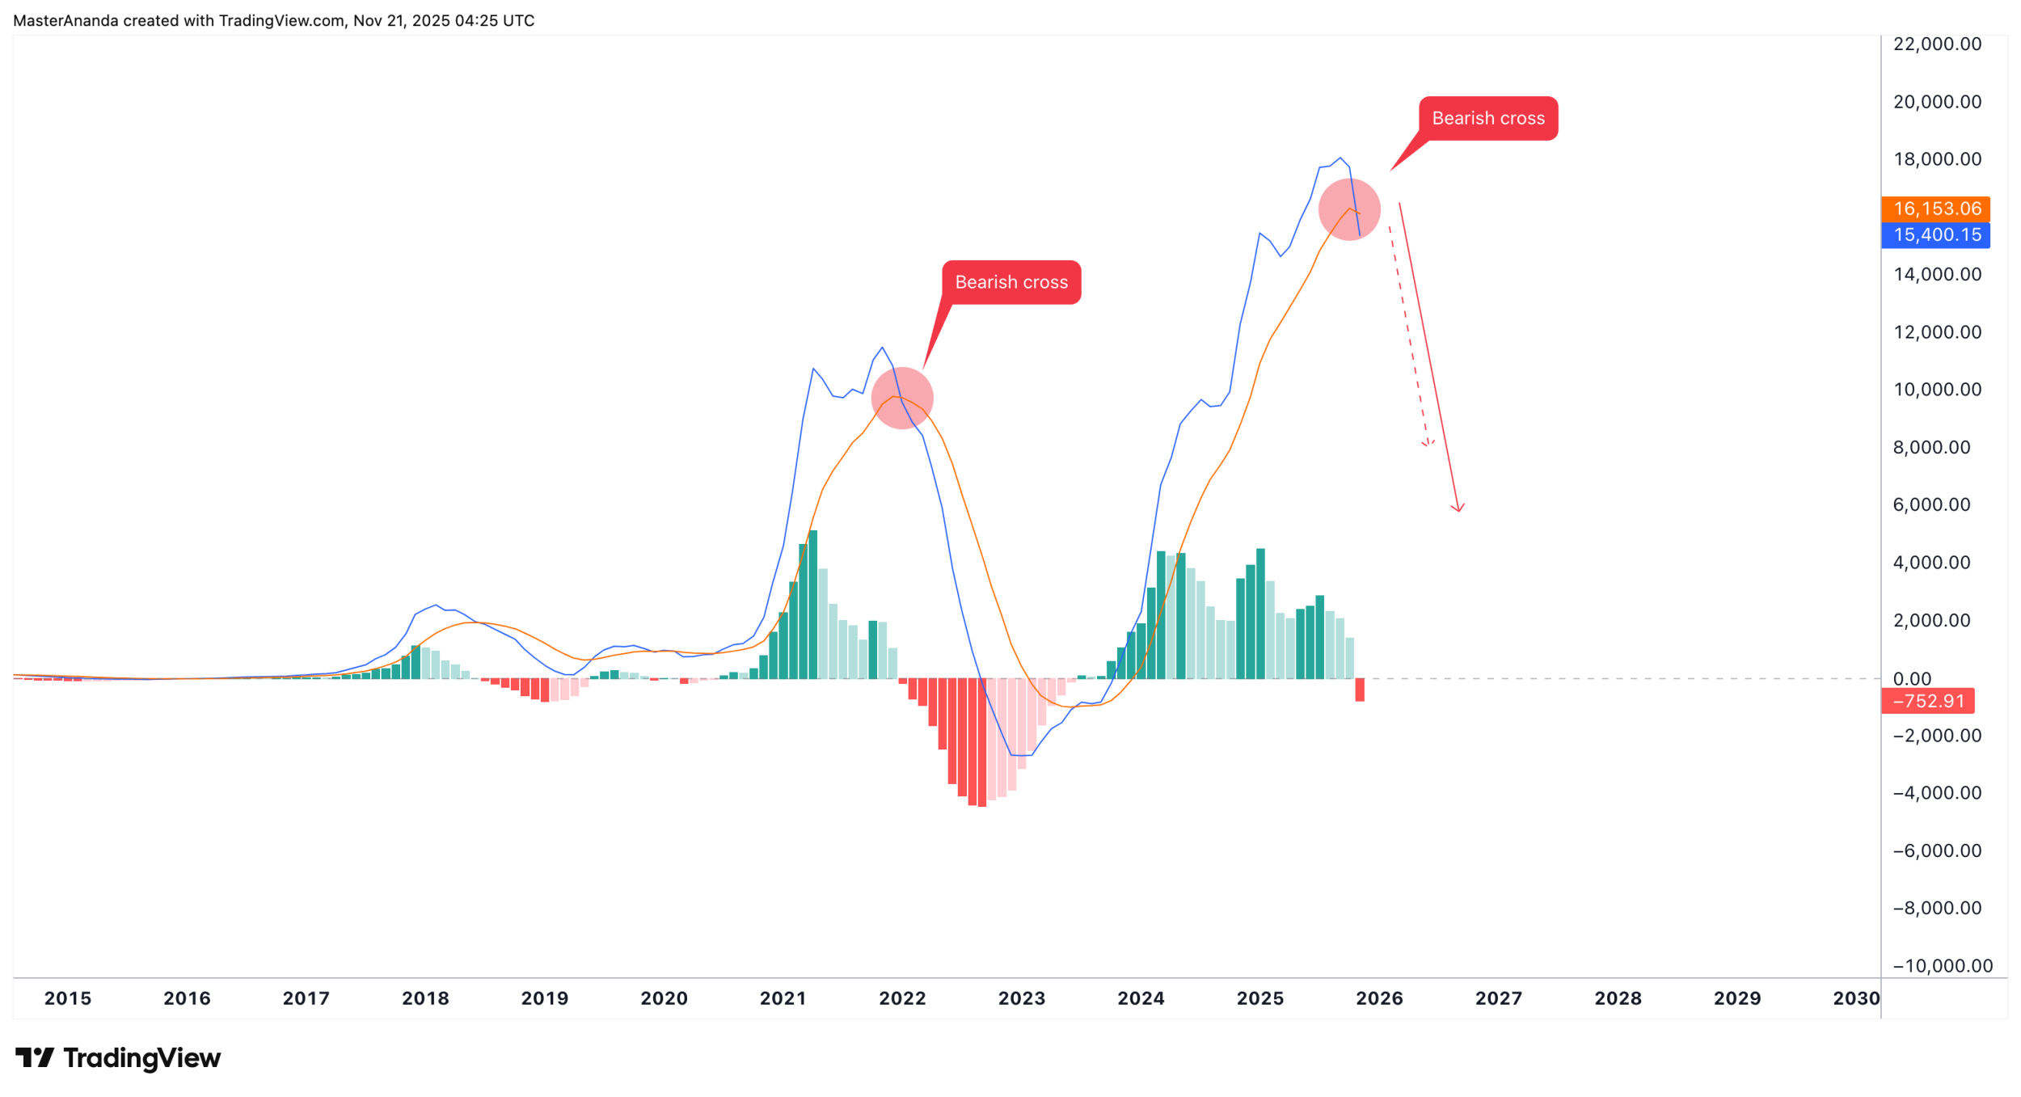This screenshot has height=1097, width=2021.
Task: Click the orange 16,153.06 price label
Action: pyautogui.click(x=1936, y=209)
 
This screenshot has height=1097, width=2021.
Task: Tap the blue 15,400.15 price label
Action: pyautogui.click(x=1936, y=235)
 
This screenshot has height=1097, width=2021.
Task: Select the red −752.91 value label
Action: pyautogui.click(x=1927, y=702)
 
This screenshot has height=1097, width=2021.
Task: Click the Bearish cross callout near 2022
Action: pyautogui.click(x=1011, y=283)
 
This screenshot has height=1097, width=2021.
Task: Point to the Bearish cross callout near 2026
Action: pyautogui.click(x=1488, y=119)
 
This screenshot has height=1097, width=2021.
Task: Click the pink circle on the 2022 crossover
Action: pyautogui.click(x=902, y=399)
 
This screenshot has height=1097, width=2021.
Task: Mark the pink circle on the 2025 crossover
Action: pyautogui.click(x=1349, y=209)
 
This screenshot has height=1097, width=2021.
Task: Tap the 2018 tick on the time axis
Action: pyautogui.click(x=425, y=999)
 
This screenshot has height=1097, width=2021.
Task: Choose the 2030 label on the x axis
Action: pyautogui.click(x=1856, y=999)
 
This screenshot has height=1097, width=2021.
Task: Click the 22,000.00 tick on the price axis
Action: pyautogui.click(x=1938, y=44)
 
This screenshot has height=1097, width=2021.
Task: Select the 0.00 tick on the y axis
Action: pyautogui.click(x=1913, y=679)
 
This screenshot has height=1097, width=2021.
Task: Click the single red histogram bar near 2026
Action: pyautogui.click(x=1360, y=690)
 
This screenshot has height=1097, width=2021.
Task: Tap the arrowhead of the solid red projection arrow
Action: pyautogui.click(x=1459, y=509)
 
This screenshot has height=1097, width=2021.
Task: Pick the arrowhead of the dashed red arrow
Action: pyautogui.click(x=1428, y=444)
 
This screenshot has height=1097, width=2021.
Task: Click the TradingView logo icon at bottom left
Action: pyautogui.click(x=35, y=1057)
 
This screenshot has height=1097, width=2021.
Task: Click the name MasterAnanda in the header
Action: pyautogui.click(x=65, y=21)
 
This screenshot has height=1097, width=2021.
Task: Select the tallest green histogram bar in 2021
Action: pyautogui.click(x=813, y=605)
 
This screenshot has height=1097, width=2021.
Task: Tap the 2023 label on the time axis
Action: pyautogui.click(x=1022, y=999)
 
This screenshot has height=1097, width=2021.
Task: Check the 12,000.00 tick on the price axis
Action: pyautogui.click(x=1938, y=332)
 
